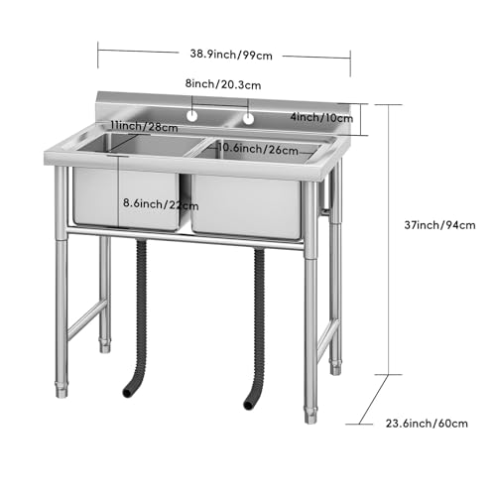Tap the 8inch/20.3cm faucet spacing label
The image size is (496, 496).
tap(224, 85)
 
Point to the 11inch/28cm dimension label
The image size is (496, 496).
tap(145, 127)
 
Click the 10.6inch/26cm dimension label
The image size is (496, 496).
tap(257, 149)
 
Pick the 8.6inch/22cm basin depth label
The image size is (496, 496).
tap(161, 204)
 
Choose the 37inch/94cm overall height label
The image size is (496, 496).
tap(436, 224)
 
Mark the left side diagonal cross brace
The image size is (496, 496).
tap(87, 318)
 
